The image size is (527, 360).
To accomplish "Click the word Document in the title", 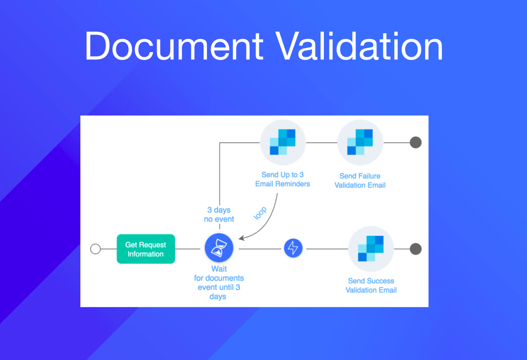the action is coord(174,46).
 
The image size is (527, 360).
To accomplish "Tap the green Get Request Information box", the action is coord(146,249).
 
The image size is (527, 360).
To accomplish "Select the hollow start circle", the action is coord(95,249).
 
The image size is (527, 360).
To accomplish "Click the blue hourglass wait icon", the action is coord(219,248).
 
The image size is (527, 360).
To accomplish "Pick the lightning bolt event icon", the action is coord(293,248).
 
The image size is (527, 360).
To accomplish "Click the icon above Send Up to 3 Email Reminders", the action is coord(283,142).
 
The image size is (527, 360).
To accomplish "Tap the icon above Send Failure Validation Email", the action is coord(360,142).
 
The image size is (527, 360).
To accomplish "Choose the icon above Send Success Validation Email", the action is coord(371,249).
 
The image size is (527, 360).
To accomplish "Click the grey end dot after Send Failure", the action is coord(416,142).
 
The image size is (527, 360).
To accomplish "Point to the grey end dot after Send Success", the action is coord(416,249).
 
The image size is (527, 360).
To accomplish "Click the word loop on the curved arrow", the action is coord(260,213).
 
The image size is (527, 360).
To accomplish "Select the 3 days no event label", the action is coord(219,214).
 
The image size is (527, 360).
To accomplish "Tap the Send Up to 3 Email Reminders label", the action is coord(283,180).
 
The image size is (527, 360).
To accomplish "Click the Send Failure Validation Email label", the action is coord(360,180).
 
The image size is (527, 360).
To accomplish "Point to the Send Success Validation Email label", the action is coord(371,285).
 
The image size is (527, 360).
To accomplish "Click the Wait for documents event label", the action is coord(219,283).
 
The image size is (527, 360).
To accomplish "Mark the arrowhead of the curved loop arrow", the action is coord(241,238).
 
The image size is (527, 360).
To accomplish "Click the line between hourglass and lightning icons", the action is coord(260,249).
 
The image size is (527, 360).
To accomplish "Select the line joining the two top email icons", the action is coord(322,143).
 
